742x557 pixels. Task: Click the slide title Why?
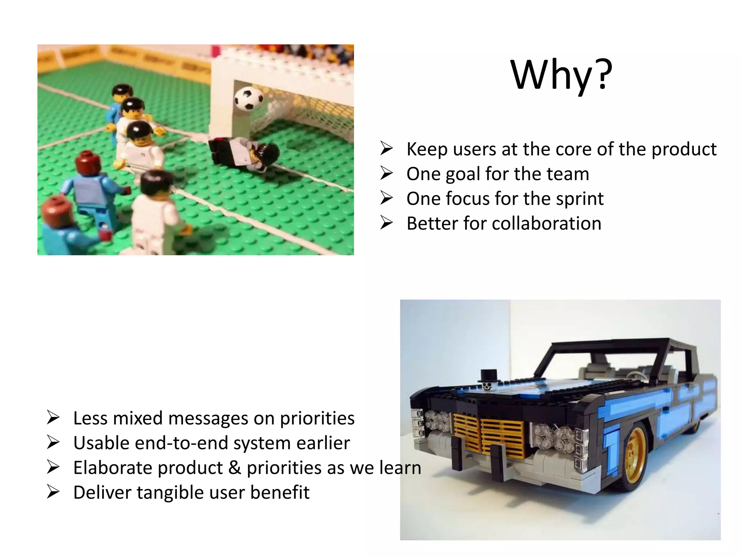pyautogui.click(x=561, y=75)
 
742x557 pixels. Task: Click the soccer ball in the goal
pyautogui.click(x=249, y=98)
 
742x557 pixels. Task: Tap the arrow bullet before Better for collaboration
pyautogui.click(x=386, y=223)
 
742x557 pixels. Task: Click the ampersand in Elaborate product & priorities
pyautogui.click(x=235, y=468)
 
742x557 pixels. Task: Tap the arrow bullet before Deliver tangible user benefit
pyautogui.click(x=53, y=492)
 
